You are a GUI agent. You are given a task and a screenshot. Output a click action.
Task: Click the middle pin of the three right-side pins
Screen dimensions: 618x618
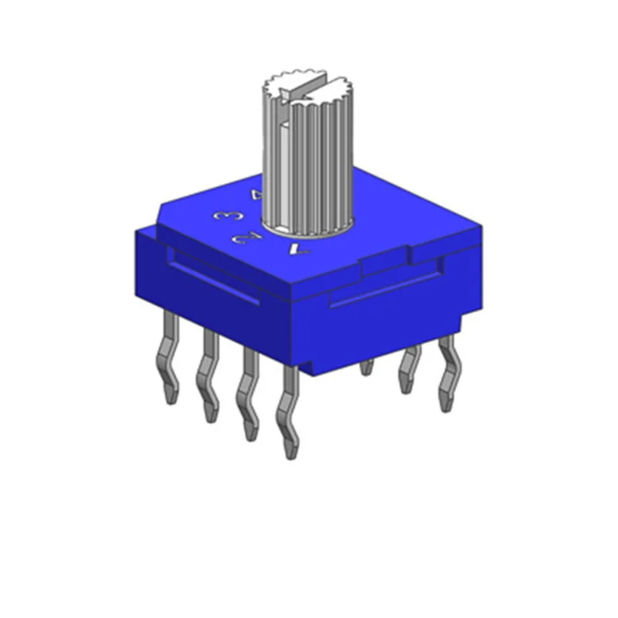click(x=408, y=371)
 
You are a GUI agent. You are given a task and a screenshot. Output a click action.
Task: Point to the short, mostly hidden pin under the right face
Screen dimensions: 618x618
click(x=366, y=367)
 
